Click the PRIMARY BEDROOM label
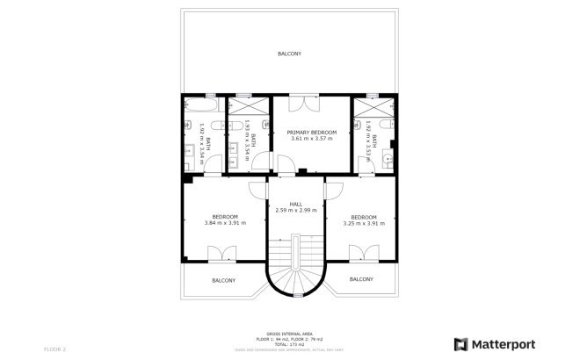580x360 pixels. [x=312, y=132]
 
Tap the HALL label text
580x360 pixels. [x=295, y=204]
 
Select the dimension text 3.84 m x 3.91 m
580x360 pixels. [x=225, y=223]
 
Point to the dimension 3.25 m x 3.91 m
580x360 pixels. [x=364, y=223]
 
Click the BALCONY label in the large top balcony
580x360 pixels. [x=290, y=54]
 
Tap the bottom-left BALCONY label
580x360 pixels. [x=224, y=280]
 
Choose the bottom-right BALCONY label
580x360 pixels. [x=361, y=279]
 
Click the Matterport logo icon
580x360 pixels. [x=459, y=344]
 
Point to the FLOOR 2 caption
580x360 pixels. [x=54, y=349]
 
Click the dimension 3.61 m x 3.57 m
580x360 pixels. [x=312, y=139]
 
